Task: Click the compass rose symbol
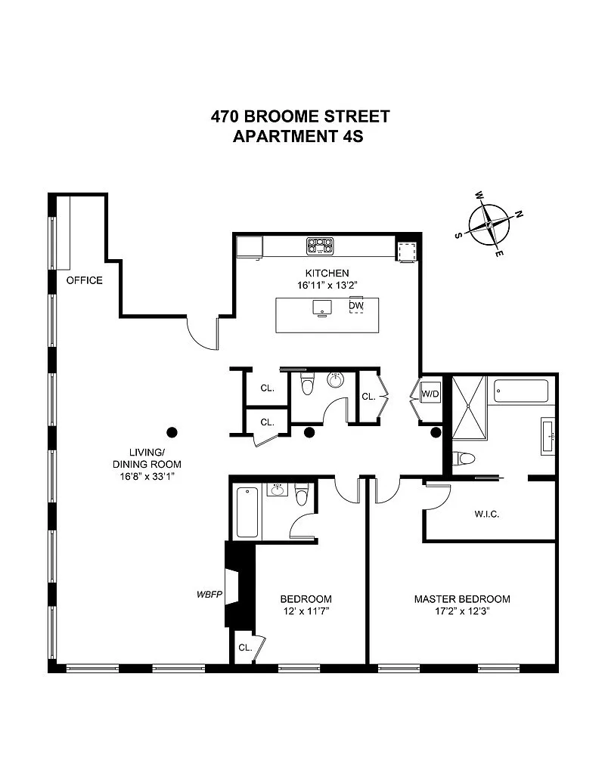tap(489, 225)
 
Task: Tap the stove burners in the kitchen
tap(321, 246)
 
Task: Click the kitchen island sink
tap(322, 308)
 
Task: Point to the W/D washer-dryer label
tap(430, 394)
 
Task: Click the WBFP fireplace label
tap(209, 594)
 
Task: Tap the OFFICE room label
tap(85, 280)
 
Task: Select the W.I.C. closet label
tap(487, 514)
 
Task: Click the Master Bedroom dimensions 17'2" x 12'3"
tap(462, 611)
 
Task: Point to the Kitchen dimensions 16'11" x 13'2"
tap(327, 286)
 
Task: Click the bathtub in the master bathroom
tap(520, 391)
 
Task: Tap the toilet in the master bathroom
tap(464, 458)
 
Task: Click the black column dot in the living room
tap(172, 432)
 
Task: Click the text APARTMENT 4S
tap(298, 136)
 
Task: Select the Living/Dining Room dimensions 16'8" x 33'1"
tap(147, 476)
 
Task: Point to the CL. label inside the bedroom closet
tap(245, 648)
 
